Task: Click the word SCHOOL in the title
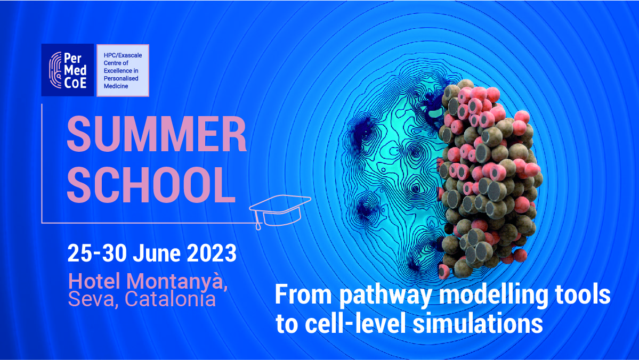click(x=151, y=184)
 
